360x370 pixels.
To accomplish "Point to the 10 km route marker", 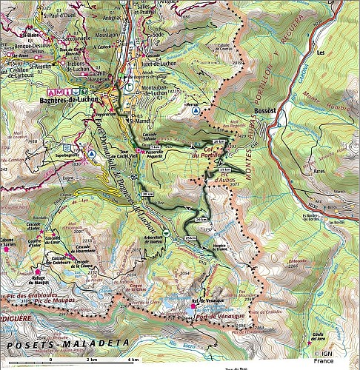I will (217, 141).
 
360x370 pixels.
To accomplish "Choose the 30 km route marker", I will (147, 195).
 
